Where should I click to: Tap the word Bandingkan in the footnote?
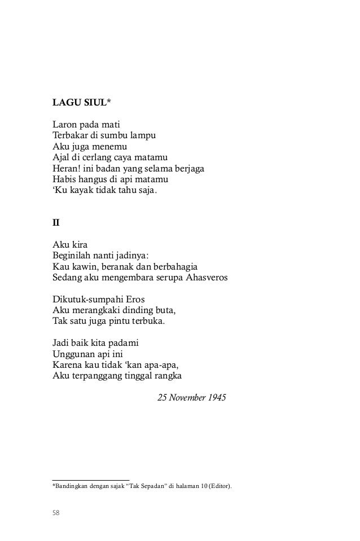(x=69, y=485)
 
